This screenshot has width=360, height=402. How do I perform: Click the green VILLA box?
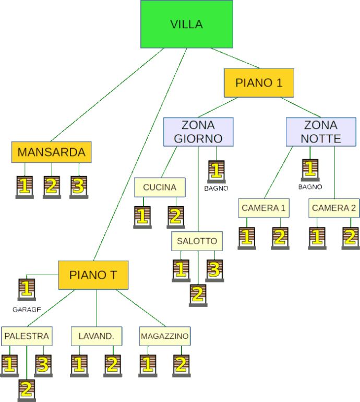pyautogui.click(x=186, y=24)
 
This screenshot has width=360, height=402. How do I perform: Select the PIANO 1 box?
pyautogui.click(x=259, y=83)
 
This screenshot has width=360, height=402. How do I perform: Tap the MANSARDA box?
pyautogui.click(x=52, y=152)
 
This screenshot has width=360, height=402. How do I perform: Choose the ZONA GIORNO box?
pyautogui.click(x=198, y=132)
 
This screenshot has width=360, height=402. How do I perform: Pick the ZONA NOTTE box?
pyautogui.click(x=321, y=132)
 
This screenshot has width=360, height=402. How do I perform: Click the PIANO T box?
pyautogui.click(x=93, y=275)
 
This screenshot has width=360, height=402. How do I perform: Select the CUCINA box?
pyautogui.click(x=160, y=187)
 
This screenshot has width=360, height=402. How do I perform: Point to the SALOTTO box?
pyautogui.click(x=197, y=241)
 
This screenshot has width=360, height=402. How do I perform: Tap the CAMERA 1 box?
pyautogui.click(x=263, y=208)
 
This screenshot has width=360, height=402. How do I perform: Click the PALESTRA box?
pyautogui.click(x=26, y=336)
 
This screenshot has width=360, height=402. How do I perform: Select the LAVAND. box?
pyautogui.click(x=97, y=336)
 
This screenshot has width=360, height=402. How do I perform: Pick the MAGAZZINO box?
pyautogui.click(x=164, y=336)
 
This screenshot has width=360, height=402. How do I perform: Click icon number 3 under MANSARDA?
pyautogui.click(x=78, y=186)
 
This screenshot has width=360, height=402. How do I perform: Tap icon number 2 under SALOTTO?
pyautogui.click(x=198, y=295)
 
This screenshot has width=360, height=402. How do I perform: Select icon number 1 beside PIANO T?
pyautogui.click(x=27, y=289)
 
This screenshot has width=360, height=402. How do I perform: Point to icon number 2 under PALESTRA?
pyautogui.click(x=27, y=389)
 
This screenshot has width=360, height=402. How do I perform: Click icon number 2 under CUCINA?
pyautogui.click(x=176, y=217)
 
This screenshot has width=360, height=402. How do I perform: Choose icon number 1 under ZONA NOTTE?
pyautogui.click(x=310, y=170)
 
